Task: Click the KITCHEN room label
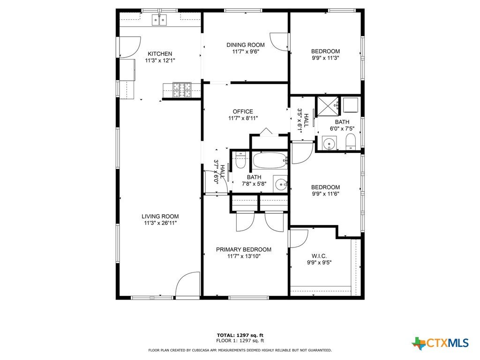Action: [x=160, y=54]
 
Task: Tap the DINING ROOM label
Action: [x=246, y=45]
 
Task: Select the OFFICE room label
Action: [x=243, y=112]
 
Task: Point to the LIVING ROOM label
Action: [x=160, y=217]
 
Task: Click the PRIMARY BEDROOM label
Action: [x=244, y=249]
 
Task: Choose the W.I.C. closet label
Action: [x=319, y=256]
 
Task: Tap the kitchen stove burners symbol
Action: [x=182, y=90]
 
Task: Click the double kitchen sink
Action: [x=159, y=20]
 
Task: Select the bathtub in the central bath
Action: [x=270, y=160]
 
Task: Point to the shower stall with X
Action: [x=327, y=106]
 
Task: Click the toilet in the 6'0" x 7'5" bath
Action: [x=350, y=142]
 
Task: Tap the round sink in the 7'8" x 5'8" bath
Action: [x=281, y=184]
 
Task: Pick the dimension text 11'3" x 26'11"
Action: [x=160, y=223]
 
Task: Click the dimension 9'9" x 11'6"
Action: [x=325, y=194]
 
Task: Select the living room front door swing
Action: [x=187, y=284]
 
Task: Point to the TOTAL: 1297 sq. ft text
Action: [x=240, y=335]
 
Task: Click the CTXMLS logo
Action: [x=440, y=343]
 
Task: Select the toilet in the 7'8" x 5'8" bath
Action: [x=240, y=161]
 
